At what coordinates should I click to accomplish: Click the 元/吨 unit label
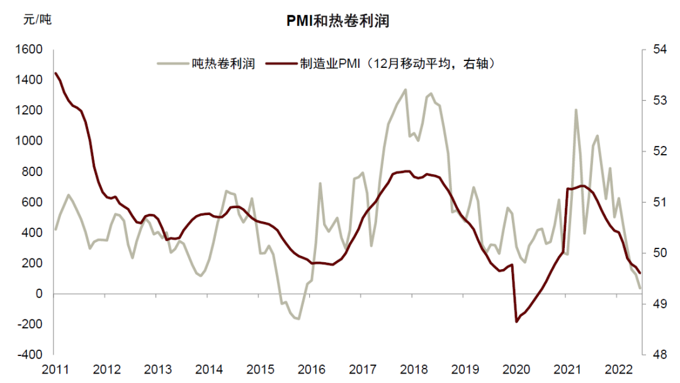pyautogui.click(x=37, y=19)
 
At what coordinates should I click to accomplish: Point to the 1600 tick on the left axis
pyautogui.click(x=29, y=50)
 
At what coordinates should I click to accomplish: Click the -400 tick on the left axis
pyautogui.click(x=29, y=355)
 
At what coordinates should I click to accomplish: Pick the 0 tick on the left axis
pyautogui.click(x=38, y=294)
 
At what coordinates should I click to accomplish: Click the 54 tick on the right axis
pyautogui.click(x=654, y=50)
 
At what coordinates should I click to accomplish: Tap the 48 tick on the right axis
pyautogui.click(x=654, y=355)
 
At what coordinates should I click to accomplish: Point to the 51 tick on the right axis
pyautogui.click(x=654, y=203)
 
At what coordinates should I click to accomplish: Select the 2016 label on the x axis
pyautogui.click(x=312, y=369)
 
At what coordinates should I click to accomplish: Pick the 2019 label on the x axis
pyautogui.click(x=466, y=369)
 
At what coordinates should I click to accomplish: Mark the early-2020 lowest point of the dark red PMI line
pyautogui.click(x=517, y=321)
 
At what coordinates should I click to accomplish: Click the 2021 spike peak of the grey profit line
pyautogui.click(x=575, y=110)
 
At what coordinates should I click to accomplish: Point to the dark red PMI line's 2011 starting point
pyautogui.click(x=55, y=73)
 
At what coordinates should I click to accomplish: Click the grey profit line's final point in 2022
pyautogui.click(x=640, y=288)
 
